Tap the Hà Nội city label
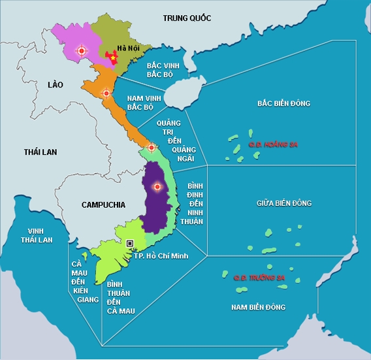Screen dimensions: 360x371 pyautogui.click(x=127, y=48)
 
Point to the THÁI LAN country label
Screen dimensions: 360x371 pyautogui.click(x=40, y=152)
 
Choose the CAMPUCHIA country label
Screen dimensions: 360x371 pyautogui.click(x=103, y=205)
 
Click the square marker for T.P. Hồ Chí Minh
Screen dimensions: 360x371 pyautogui.click(x=130, y=243)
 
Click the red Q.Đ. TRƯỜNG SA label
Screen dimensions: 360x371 pyautogui.click(x=260, y=278)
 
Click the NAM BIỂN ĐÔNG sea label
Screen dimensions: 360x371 pyautogui.click(x=259, y=306)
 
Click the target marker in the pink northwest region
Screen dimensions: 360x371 pyautogui.click(x=81, y=50)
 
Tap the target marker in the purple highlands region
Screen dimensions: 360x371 pyautogui.click(x=156, y=188)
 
